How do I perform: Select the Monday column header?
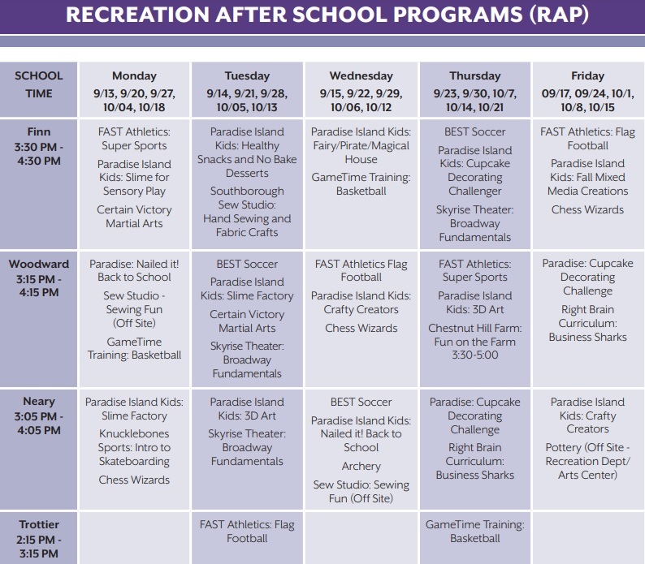pos(134,76)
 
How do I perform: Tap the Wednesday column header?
pos(361,76)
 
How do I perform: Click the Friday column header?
pos(587,76)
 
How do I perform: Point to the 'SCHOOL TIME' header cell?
pos(39,84)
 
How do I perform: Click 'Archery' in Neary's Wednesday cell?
pos(361,467)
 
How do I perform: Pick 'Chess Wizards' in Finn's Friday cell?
pos(587,209)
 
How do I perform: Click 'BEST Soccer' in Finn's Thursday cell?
pos(474,131)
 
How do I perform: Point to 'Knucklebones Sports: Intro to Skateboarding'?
pos(134,448)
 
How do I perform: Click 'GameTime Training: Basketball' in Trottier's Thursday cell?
pos(474,532)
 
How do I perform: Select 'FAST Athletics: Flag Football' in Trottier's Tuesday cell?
pos(247,532)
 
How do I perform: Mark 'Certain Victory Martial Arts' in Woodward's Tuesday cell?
pos(247,321)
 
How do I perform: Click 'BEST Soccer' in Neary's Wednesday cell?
pos(361,402)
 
